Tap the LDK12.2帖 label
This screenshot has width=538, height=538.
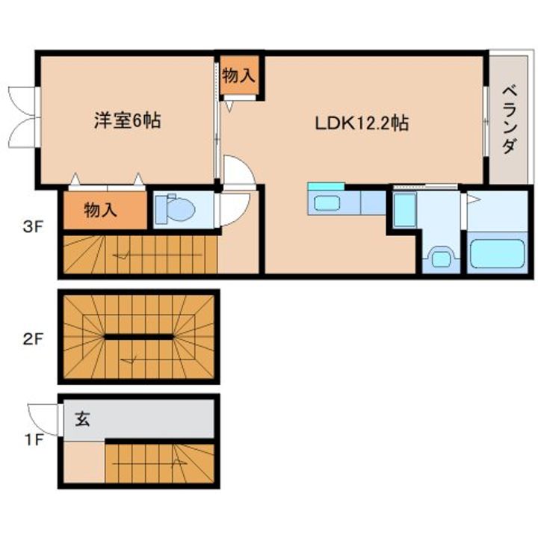pos(362,123)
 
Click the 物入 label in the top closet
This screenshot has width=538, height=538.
pos(239,75)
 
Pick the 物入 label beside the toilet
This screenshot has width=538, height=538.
pos(101,210)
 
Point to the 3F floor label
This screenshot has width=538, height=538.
pos(33,227)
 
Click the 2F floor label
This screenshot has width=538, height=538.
pos(33,339)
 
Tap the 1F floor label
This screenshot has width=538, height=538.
pos(34,439)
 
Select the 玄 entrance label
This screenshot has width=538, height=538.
pos(82,418)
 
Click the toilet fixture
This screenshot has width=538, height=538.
pos(176,208)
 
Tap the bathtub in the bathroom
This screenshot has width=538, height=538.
pos(497,253)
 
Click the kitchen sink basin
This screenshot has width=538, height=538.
pos(327,202)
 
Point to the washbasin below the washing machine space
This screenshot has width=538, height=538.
pos(441,258)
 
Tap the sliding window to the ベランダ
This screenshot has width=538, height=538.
pos(486,122)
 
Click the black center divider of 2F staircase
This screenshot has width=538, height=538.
pos(139,337)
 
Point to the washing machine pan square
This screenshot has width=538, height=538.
pos(405,210)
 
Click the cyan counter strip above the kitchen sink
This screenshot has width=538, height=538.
pos(326,186)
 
